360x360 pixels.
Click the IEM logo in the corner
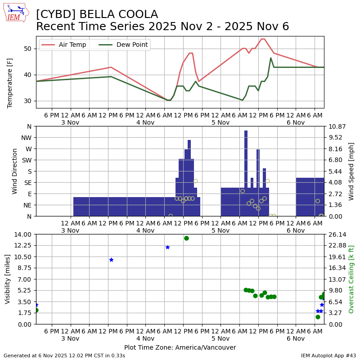pos(16,13)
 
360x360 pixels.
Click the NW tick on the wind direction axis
pos(27,138)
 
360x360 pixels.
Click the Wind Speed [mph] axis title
pos(351,171)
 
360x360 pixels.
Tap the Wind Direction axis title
pos(15,171)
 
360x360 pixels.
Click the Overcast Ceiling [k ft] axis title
pos(351,279)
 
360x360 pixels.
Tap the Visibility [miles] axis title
pos(8,279)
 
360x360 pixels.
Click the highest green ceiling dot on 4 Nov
pos(186,238)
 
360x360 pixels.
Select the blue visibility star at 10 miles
pos(111,260)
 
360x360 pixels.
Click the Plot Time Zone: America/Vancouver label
pos(180,347)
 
